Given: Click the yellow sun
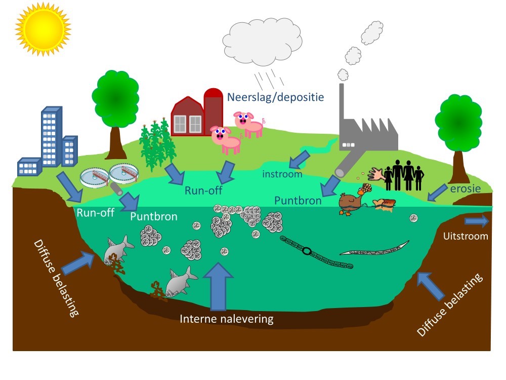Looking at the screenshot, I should click(x=43, y=28).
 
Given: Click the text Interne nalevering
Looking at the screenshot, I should click(x=227, y=319).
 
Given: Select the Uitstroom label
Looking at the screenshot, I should click(x=466, y=236).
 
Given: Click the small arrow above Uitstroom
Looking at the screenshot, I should click(x=477, y=221).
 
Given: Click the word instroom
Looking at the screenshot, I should click(x=282, y=174).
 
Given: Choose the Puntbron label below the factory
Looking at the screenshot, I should click(x=298, y=201).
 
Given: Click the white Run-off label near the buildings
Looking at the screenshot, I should click(x=95, y=213).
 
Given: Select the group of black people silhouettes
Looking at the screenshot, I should click(x=403, y=175).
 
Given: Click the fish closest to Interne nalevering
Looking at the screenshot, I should click(x=181, y=282).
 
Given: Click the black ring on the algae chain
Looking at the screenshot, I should click(x=306, y=250).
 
